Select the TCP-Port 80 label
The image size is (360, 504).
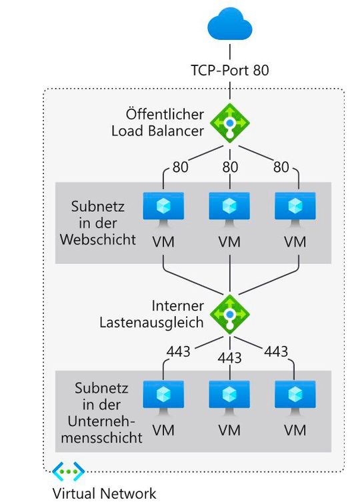(229, 69)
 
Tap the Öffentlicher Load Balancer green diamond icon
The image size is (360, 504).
(229, 124)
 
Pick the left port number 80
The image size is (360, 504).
(180, 167)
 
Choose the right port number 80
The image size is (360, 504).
(281, 167)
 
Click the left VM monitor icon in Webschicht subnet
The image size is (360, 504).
(163, 208)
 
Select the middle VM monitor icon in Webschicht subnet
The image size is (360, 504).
(229, 208)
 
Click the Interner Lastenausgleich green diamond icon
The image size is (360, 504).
(229, 314)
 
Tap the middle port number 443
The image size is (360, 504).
(229, 359)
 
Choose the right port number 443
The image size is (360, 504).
(276, 351)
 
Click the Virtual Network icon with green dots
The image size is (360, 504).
(69, 472)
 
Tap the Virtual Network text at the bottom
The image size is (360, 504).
(104, 493)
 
